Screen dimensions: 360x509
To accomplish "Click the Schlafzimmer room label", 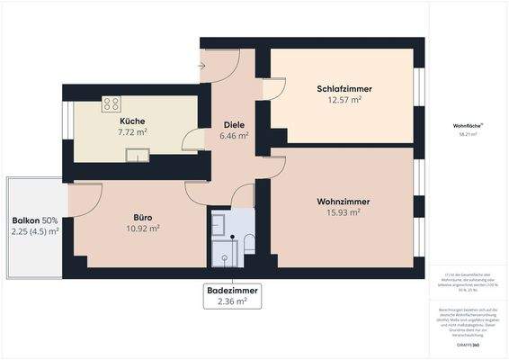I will [344, 88].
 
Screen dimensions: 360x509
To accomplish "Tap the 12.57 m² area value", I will [344, 100].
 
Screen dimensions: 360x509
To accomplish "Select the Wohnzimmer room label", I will [343, 201].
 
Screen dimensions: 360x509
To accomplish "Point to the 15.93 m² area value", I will [343, 212].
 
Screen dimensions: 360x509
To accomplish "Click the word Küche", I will [132, 121].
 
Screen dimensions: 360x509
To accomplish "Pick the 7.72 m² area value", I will [132, 132].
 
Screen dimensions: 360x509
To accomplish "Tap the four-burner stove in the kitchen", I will [112, 103].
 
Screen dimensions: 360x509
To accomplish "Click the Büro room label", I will [142, 217].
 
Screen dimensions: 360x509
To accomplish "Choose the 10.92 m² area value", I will [142, 229].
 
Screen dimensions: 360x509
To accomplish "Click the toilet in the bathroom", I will [248, 243].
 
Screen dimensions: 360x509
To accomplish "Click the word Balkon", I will [25, 220].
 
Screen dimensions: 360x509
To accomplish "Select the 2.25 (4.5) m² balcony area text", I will [35, 232].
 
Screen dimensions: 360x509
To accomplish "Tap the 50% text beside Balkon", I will [49, 220].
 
